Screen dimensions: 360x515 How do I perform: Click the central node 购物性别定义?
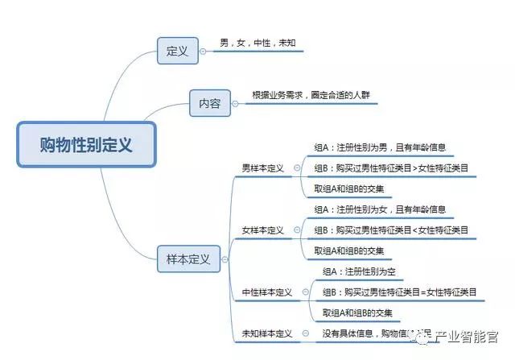point(86,144)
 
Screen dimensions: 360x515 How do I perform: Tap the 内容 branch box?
point(209,103)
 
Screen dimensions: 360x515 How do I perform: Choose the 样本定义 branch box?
point(187,259)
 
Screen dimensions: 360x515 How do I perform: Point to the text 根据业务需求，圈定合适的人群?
point(304,95)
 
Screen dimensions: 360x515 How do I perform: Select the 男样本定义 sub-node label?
point(263,168)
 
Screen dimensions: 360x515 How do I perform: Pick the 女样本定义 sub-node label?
point(263,230)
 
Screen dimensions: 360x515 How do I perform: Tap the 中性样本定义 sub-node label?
point(267,292)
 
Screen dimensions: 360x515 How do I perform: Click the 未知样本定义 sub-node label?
point(267,333)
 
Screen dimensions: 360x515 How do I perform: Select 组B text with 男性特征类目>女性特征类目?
point(391,168)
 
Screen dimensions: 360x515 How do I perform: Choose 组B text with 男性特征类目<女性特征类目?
point(391,230)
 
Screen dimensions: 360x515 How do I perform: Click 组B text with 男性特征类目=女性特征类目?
point(399,292)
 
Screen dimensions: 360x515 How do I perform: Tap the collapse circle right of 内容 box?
point(235,103)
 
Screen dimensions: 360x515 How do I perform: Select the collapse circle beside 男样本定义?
point(297,168)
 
